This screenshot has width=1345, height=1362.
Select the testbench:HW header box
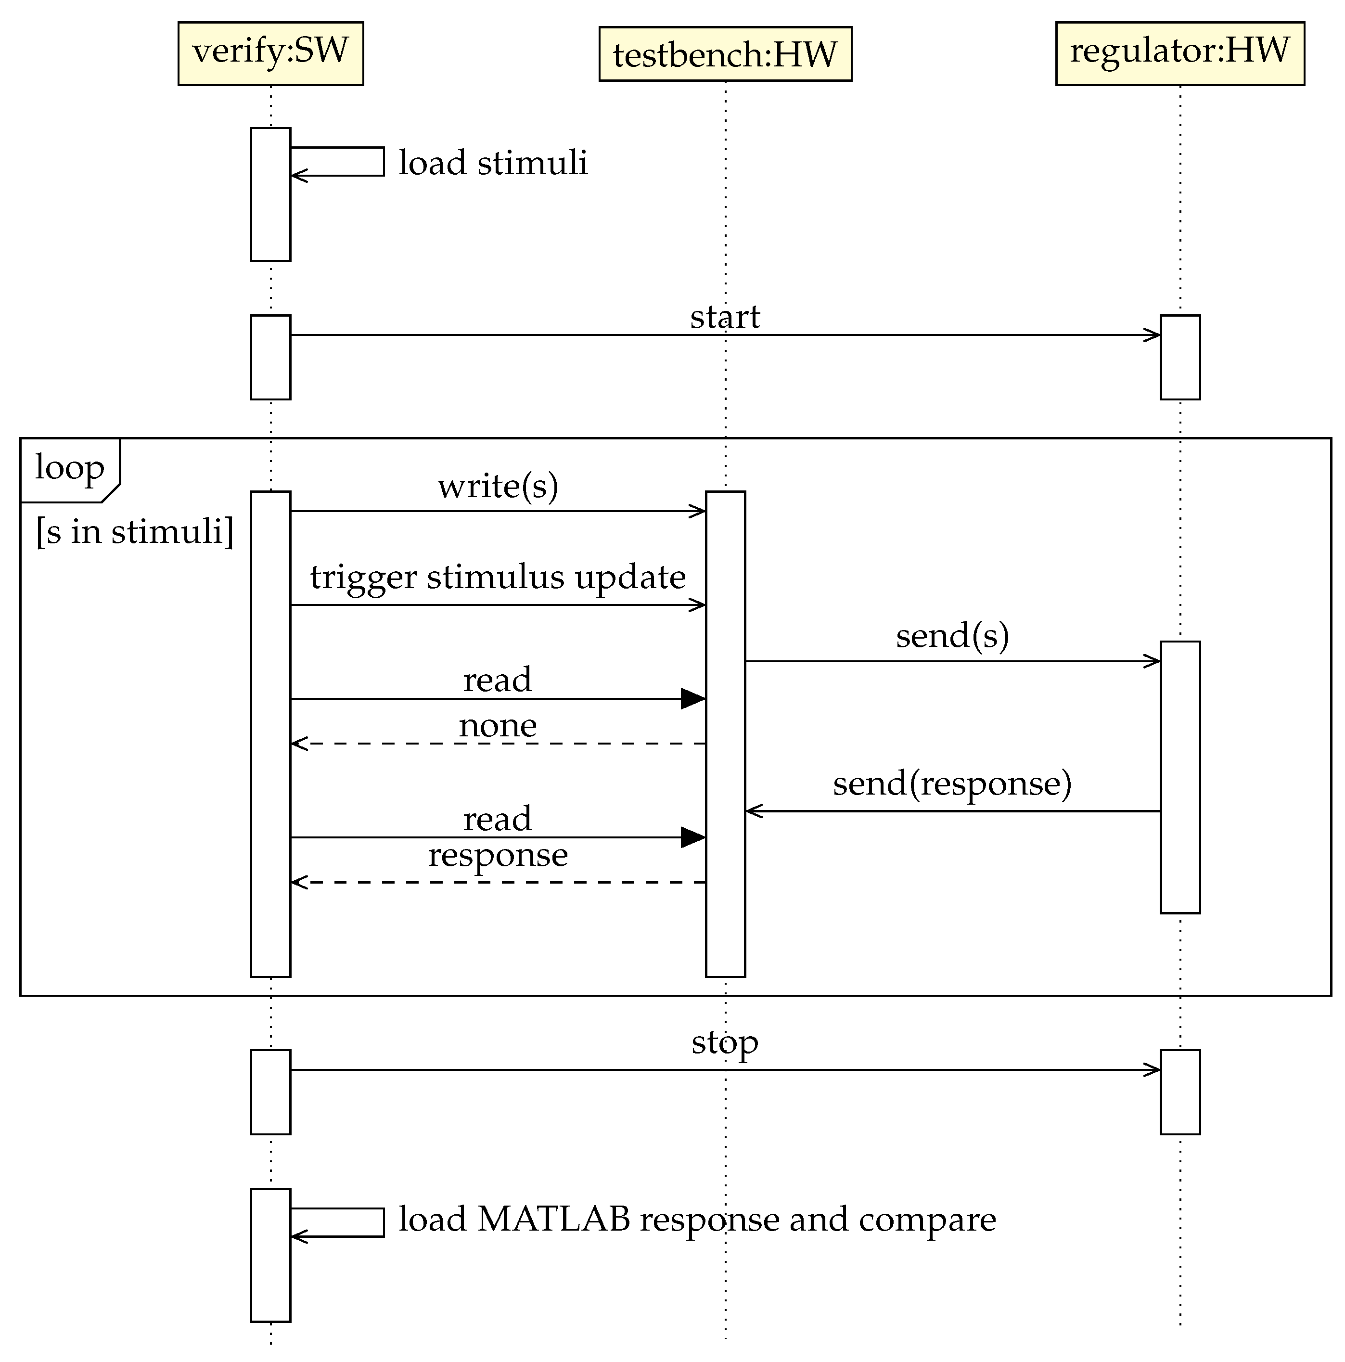click(725, 54)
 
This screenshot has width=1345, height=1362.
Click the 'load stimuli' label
click(493, 163)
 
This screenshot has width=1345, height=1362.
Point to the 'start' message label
click(725, 317)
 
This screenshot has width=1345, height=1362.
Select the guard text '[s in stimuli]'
click(134, 531)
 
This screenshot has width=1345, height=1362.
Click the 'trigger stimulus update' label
click(498, 578)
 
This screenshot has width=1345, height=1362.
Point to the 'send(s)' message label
click(952, 636)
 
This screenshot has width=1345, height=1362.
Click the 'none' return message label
click(498, 725)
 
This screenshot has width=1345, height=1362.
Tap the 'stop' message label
click(725, 1042)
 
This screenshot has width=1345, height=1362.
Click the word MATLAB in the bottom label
click(553, 1220)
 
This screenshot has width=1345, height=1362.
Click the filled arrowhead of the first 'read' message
click(692, 699)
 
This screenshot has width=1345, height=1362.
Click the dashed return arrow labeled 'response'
click(498, 882)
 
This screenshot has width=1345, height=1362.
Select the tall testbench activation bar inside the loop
click(725, 733)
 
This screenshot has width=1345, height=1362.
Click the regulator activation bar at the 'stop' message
click(1179, 1092)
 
